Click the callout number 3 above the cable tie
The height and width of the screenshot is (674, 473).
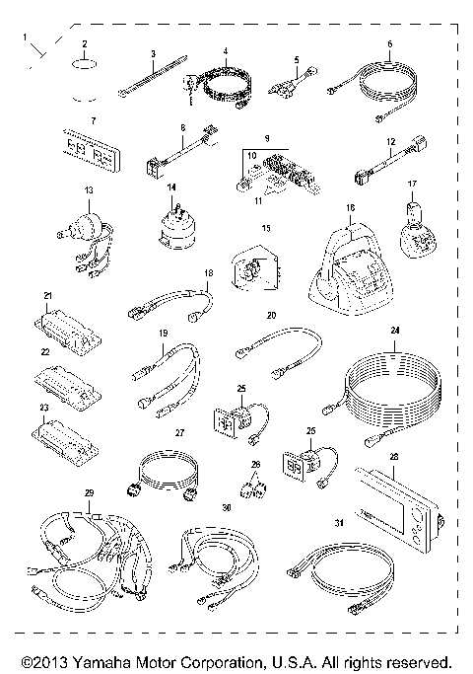[153, 53]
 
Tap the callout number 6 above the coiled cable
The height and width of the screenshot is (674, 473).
[389, 43]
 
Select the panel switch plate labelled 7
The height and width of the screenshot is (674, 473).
[92, 150]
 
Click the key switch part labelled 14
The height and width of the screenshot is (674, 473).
[175, 228]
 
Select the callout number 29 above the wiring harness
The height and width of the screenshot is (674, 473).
[89, 493]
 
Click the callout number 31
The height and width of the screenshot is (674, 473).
[339, 523]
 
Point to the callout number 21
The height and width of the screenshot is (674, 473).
[47, 296]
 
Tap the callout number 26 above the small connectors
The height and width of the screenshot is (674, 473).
[256, 464]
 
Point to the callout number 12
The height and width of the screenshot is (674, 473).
[390, 141]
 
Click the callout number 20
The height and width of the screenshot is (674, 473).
[271, 316]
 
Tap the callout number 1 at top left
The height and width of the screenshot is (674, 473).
[25, 37]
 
